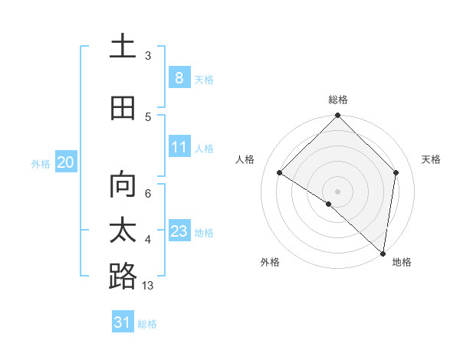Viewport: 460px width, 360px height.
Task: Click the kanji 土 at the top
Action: point(123,46)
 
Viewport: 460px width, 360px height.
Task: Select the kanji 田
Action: point(123,108)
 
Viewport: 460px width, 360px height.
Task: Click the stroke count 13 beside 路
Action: point(148,286)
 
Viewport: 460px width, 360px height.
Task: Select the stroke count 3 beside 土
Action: point(148,56)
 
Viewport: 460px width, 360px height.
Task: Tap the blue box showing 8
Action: point(179,77)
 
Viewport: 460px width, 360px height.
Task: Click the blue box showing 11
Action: point(179,147)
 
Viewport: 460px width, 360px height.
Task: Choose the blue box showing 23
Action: point(179,231)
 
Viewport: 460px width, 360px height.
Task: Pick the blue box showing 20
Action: point(65,162)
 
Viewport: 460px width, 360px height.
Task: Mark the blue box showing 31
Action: point(123,322)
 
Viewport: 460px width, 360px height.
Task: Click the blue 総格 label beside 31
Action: point(147,324)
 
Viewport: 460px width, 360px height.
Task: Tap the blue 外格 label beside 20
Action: point(41,163)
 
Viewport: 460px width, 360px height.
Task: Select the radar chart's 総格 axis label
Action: point(338,100)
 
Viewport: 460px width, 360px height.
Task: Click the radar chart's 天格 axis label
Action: point(431,159)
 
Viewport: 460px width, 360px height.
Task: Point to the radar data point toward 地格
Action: point(383,253)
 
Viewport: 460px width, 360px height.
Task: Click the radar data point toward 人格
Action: point(280,173)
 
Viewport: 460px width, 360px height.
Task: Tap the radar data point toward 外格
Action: point(329,205)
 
